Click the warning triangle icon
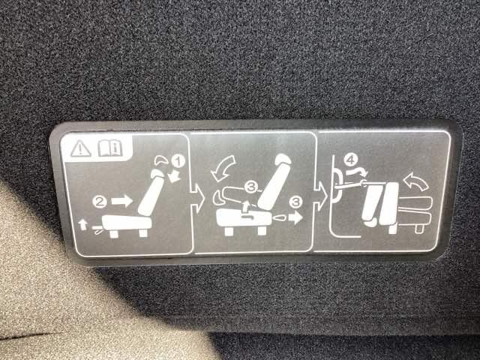pos(80,149)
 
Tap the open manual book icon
pos(110,148)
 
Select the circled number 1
pos(178,161)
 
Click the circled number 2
pos(100,202)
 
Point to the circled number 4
pos(350,160)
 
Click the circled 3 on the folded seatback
pos(251,187)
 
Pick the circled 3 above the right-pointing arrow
pos(295,202)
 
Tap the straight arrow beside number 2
pos(121,201)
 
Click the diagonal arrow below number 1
pos(175,177)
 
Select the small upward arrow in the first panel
pos(82,224)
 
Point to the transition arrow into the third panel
pos(320,196)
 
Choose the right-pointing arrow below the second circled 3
pos(295,217)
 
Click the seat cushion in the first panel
pos(126,223)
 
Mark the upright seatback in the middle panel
pos(274,183)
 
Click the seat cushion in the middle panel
pos(244,218)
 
